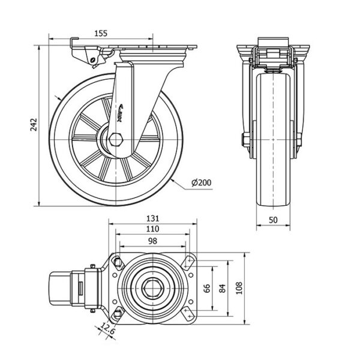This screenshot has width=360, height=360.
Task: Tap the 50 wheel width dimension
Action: click(x=273, y=220)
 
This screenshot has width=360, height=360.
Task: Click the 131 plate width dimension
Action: click(x=152, y=219)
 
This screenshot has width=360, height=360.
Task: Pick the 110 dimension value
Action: click(x=152, y=230)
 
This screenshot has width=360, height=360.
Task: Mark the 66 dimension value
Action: click(x=208, y=289)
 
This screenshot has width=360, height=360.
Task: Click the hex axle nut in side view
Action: click(x=116, y=141)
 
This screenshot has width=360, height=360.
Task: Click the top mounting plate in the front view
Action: click(x=273, y=47)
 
